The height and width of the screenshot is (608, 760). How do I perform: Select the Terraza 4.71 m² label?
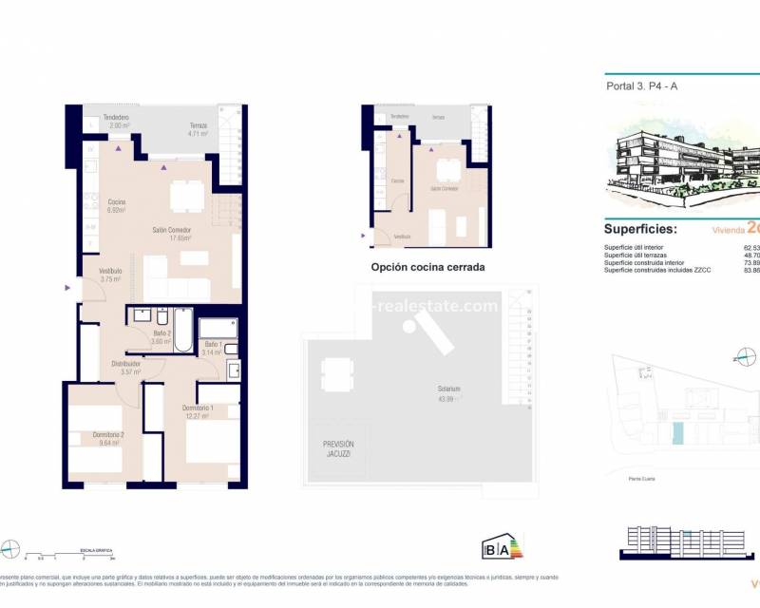[198, 129]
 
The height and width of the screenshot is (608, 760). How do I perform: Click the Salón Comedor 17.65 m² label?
[174, 235]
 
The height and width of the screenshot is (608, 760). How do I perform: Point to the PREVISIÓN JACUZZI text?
[338, 449]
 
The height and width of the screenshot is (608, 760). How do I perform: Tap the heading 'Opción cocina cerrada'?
[427, 268]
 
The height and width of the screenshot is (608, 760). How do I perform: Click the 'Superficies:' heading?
[641, 229]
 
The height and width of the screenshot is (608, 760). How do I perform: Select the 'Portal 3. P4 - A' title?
[642, 86]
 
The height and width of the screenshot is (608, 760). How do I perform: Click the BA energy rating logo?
[503, 548]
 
